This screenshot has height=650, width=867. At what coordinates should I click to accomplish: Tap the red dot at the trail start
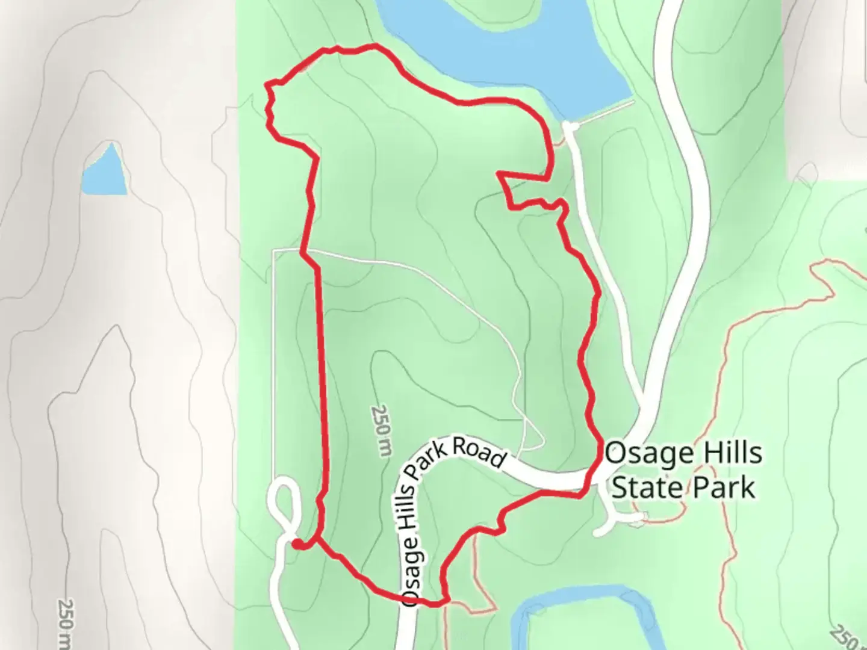297,545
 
